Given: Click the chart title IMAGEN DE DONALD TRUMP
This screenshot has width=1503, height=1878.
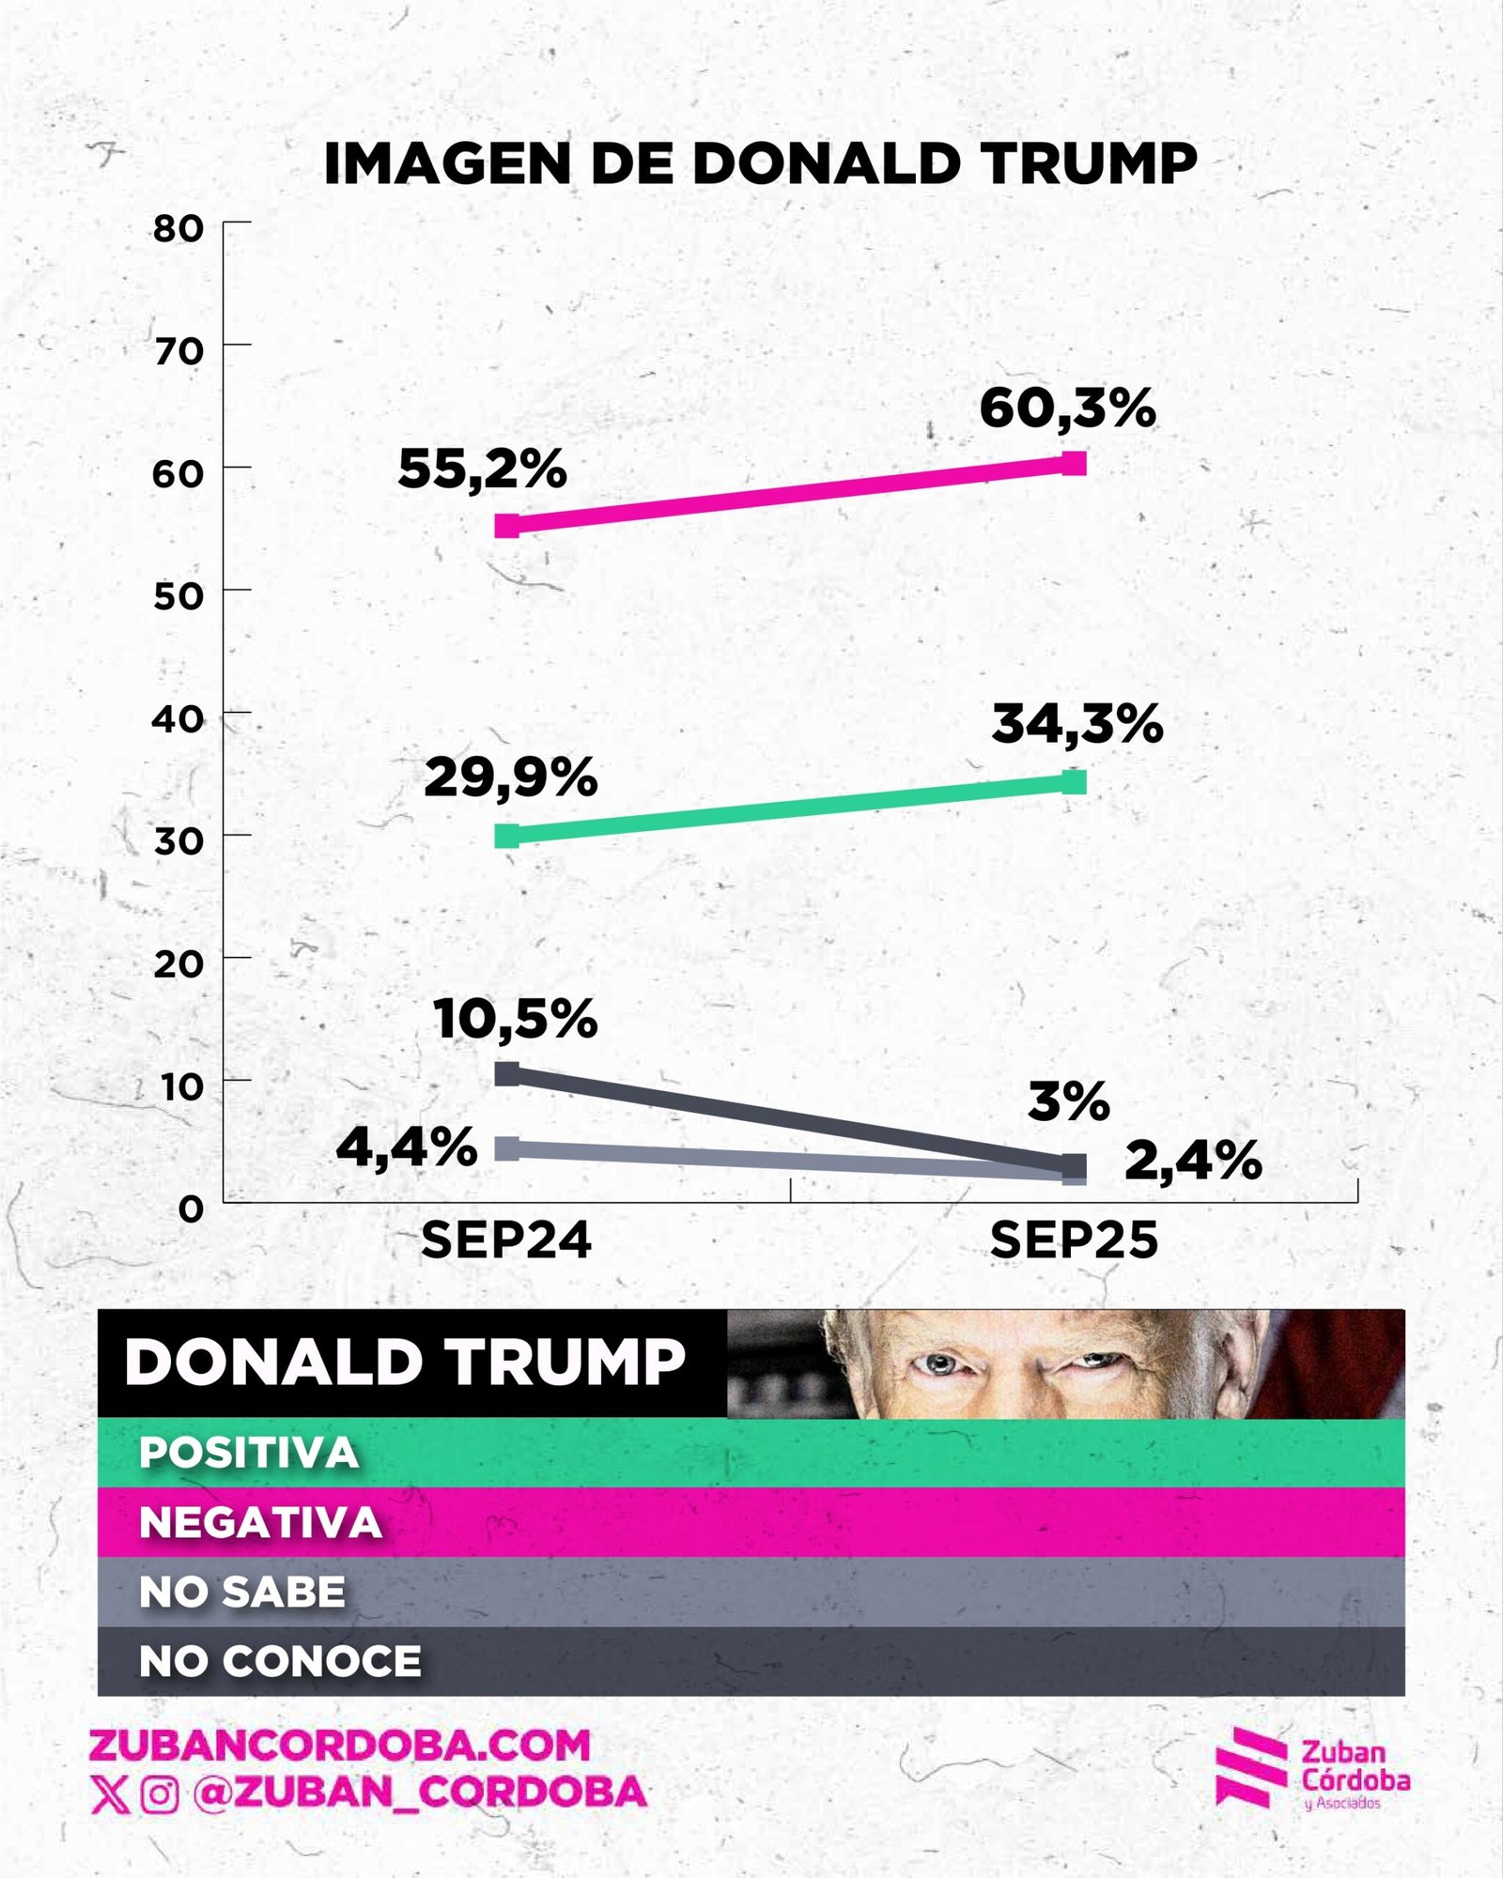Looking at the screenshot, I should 760,163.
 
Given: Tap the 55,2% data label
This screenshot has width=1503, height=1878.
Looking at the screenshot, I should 482,469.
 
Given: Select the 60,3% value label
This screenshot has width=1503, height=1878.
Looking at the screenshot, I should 1067,408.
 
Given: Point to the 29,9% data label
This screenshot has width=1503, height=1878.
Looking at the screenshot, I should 510,777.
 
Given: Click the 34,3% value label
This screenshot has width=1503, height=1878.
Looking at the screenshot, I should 1077,724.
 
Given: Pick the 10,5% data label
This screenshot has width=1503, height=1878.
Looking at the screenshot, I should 515,1019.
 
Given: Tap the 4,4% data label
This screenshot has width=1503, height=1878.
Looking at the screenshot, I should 407,1147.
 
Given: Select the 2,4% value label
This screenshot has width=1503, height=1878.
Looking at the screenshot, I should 1193,1161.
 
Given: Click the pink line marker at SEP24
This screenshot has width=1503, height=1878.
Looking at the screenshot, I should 507,525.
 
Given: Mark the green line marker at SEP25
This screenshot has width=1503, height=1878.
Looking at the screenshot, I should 1074,781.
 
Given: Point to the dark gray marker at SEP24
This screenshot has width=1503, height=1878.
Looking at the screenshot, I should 507,1073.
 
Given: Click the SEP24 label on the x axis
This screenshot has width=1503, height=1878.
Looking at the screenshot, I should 505,1240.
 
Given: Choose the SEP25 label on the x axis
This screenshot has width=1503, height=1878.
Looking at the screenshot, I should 1074,1240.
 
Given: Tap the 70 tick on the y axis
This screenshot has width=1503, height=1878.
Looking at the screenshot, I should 178,351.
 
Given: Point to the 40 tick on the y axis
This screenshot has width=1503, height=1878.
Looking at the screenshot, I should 178,719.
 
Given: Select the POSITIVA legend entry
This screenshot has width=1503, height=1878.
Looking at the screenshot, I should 249,1453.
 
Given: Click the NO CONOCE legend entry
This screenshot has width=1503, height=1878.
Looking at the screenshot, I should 280,1661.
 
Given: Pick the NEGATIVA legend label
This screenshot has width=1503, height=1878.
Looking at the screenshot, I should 260,1522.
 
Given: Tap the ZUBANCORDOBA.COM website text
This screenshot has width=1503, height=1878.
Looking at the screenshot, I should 340,1745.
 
